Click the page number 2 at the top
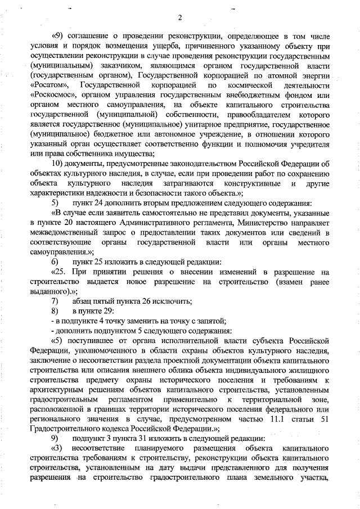(179, 17)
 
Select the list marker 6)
(55, 263)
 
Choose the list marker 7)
(55, 301)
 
